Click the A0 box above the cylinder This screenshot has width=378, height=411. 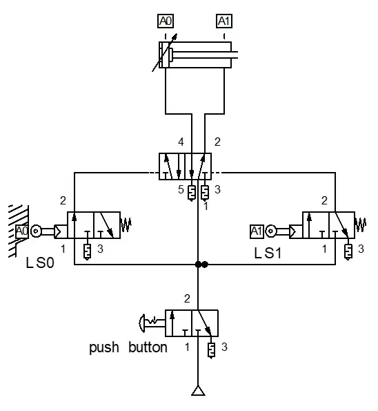tap(166, 21)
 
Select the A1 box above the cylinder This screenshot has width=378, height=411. tap(224, 21)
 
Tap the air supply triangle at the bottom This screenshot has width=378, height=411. tap(198, 391)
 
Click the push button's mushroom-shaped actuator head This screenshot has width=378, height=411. tap(141, 323)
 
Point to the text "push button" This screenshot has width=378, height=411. tap(128, 347)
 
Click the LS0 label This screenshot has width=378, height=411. tap(40, 262)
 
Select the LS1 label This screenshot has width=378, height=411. tap(268, 254)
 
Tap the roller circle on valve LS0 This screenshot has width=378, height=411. tap(36, 231)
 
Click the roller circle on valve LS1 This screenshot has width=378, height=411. tap(270, 231)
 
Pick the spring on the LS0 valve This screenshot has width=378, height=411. tap(126, 224)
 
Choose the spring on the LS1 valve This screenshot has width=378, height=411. tap(361, 224)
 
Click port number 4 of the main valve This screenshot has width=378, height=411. tap(181, 142)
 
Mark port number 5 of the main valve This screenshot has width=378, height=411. tap(181, 189)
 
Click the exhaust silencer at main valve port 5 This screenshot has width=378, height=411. tap(192, 193)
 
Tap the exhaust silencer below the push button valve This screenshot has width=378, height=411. tap(211, 351)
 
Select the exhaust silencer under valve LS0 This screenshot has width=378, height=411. tap(87, 251)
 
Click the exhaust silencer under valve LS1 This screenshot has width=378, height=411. tap(348, 251)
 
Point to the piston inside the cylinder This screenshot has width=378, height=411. tap(170, 55)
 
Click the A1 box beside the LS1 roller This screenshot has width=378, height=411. tap(257, 231)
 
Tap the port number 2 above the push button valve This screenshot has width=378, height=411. tap(187, 298)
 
